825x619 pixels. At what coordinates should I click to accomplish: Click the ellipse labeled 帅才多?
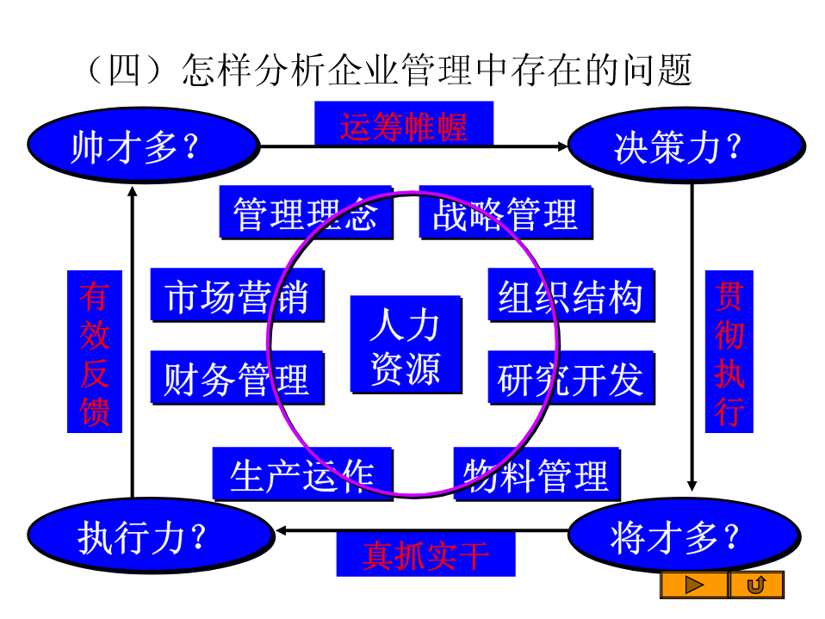(x=144, y=145)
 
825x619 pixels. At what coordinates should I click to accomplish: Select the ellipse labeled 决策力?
(x=686, y=145)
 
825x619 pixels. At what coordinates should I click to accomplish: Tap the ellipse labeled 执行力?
(x=151, y=535)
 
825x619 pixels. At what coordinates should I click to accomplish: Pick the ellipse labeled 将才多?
(x=685, y=535)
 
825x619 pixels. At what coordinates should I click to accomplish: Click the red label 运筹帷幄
(x=404, y=127)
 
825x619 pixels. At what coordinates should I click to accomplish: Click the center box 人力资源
(x=406, y=344)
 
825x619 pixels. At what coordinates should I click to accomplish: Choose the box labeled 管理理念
(x=307, y=213)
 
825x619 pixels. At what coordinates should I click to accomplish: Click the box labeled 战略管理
(x=506, y=213)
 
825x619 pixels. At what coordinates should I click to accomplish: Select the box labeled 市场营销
(x=238, y=295)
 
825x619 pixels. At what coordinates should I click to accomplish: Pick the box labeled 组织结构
(x=572, y=295)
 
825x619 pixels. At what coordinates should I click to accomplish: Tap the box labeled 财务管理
(x=238, y=378)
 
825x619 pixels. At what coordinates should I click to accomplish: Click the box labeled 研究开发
(x=572, y=378)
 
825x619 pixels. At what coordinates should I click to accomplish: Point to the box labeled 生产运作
(x=302, y=474)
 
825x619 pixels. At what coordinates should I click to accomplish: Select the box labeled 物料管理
(x=537, y=474)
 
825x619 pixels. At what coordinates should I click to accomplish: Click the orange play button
(x=694, y=585)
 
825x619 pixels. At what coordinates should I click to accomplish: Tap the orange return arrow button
(x=757, y=585)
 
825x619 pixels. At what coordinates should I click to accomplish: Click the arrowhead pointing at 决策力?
(x=562, y=146)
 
